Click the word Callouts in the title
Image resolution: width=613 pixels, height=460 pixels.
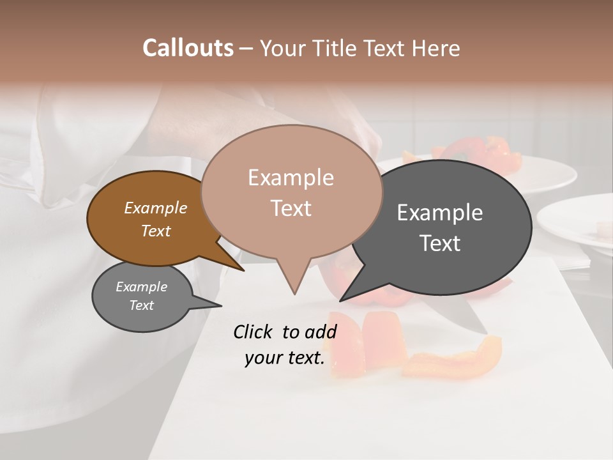(188, 48)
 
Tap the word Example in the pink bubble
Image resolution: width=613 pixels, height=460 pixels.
(291, 178)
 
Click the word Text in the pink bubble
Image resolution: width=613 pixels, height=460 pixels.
(291, 208)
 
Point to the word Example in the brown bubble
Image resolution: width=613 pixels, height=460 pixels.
(156, 208)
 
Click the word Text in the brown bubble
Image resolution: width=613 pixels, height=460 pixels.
(156, 231)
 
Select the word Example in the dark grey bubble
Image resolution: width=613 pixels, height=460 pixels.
(440, 213)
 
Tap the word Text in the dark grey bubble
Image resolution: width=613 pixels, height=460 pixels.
(440, 243)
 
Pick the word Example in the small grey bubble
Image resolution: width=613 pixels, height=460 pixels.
(142, 287)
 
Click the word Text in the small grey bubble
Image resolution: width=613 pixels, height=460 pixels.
(142, 305)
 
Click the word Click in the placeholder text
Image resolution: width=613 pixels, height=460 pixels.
(255, 332)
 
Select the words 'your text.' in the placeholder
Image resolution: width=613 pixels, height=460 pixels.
(285, 358)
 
